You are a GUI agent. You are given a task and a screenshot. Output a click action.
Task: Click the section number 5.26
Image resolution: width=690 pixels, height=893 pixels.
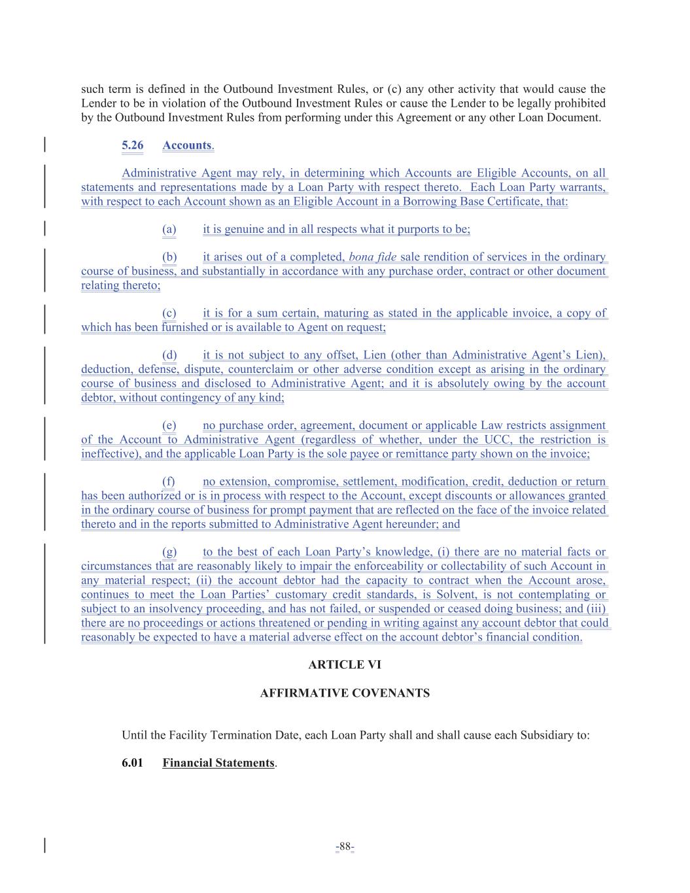(x=132, y=145)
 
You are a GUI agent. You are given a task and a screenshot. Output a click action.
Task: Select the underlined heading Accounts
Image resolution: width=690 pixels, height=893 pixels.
(x=186, y=145)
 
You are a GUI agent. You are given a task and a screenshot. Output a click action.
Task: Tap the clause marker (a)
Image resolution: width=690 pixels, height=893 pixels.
(x=169, y=229)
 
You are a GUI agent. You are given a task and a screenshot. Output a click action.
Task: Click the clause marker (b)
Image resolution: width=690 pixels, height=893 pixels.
(x=169, y=257)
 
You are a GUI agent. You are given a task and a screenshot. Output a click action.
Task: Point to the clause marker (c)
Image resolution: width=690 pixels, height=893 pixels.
(x=169, y=313)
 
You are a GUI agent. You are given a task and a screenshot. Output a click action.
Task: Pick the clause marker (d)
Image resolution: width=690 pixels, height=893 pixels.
(x=169, y=355)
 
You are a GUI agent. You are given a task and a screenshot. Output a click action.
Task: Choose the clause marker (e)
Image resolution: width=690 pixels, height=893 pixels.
(x=169, y=426)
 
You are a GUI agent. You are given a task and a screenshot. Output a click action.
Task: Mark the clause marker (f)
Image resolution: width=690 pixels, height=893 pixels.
(x=168, y=482)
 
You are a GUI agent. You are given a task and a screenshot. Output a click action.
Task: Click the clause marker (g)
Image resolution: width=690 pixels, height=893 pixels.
(x=169, y=552)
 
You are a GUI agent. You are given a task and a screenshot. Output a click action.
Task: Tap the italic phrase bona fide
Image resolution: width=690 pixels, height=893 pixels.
(x=373, y=257)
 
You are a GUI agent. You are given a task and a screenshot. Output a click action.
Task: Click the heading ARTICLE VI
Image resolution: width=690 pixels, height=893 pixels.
(x=345, y=665)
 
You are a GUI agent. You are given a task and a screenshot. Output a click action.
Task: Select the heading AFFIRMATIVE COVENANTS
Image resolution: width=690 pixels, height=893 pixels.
(x=345, y=693)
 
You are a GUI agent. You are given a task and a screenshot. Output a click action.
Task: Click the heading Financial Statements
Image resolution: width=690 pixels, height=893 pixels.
(x=218, y=763)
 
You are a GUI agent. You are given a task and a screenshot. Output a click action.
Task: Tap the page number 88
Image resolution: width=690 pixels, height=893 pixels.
(x=345, y=847)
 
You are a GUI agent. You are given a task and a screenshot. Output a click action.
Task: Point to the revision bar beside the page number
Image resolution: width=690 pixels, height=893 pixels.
(x=44, y=846)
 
